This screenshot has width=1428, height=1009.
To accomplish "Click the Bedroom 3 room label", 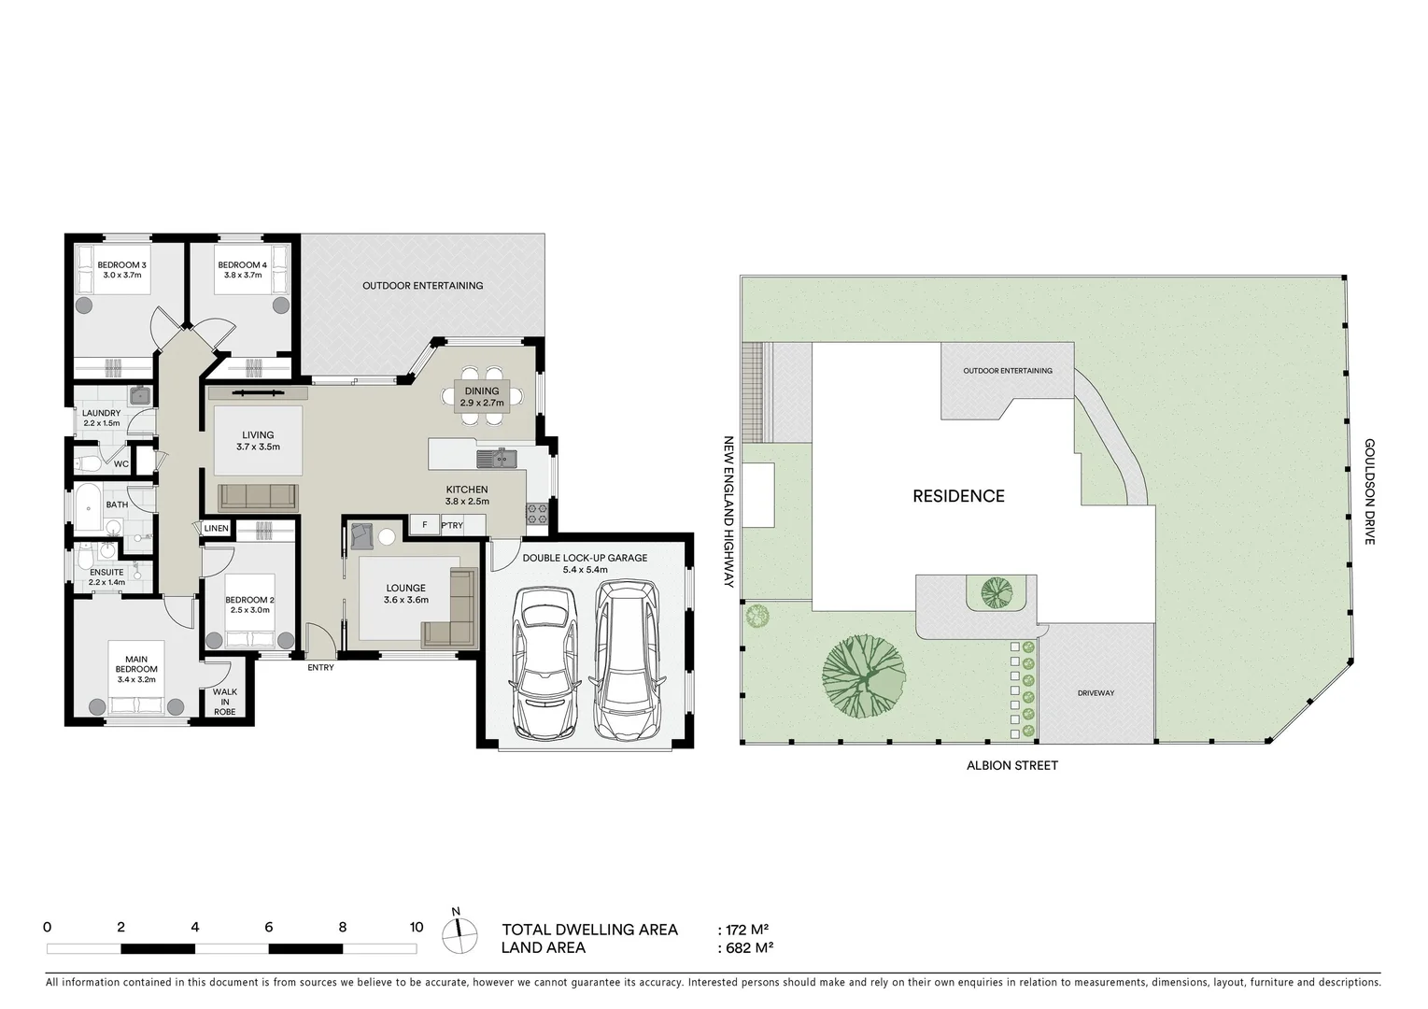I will coord(121,265).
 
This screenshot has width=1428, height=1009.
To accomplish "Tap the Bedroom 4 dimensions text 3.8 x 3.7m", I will coord(242,276).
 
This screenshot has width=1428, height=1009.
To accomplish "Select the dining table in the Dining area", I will coord(481,397).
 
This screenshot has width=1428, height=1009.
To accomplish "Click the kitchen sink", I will coord(496,458).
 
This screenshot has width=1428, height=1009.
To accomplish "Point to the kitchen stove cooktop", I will coord(537,511).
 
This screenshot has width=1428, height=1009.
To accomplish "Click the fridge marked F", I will coord(424,525).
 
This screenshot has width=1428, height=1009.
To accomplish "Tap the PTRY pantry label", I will coord(452,525).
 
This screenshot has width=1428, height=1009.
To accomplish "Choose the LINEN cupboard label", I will coord(216,529).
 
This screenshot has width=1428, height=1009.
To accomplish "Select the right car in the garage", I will coord(627,658).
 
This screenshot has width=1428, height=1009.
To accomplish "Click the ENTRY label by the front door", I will coord(319,667).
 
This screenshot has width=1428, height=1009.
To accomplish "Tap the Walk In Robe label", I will coord(225,702).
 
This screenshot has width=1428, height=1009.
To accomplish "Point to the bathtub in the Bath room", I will coord(90,507).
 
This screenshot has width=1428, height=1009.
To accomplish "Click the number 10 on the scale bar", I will coord(417,928).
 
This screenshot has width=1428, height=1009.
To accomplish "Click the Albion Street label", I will coord(1012,765).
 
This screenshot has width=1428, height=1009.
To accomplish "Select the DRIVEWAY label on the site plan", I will coord(1096,693).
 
